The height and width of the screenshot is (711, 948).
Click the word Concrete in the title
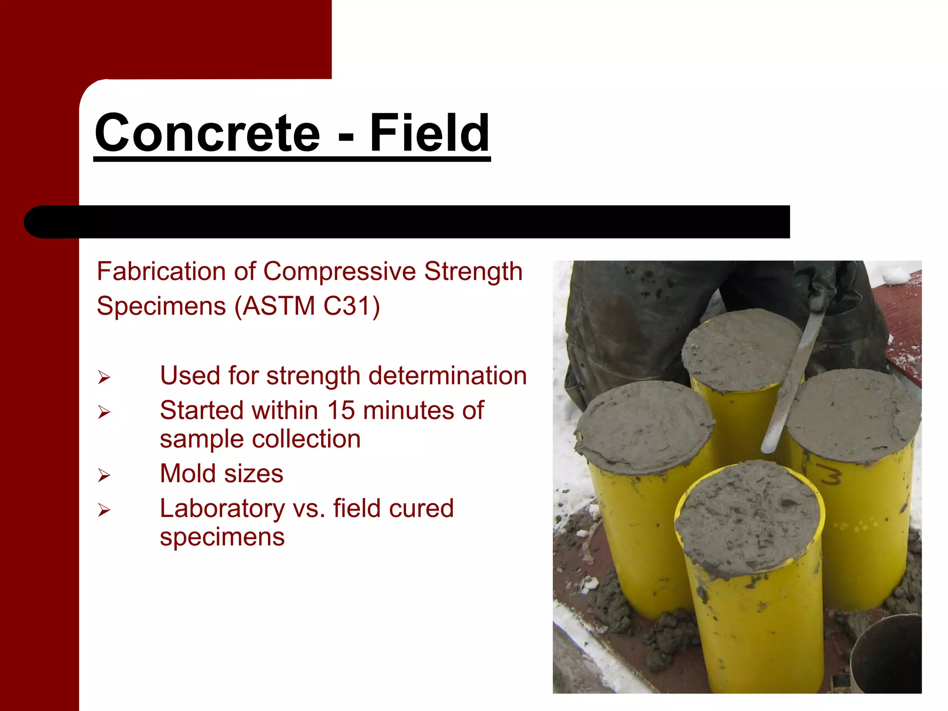[207, 133]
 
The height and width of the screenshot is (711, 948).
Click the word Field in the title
[429, 133]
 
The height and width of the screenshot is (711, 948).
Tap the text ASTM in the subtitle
[279, 306]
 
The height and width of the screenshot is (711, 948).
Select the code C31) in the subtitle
[352, 306]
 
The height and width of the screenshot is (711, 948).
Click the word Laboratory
[222, 508]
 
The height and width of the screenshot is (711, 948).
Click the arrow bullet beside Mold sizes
[104, 475]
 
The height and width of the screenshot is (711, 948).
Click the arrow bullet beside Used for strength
[104, 377]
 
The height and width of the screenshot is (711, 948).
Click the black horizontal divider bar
[407, 222]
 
